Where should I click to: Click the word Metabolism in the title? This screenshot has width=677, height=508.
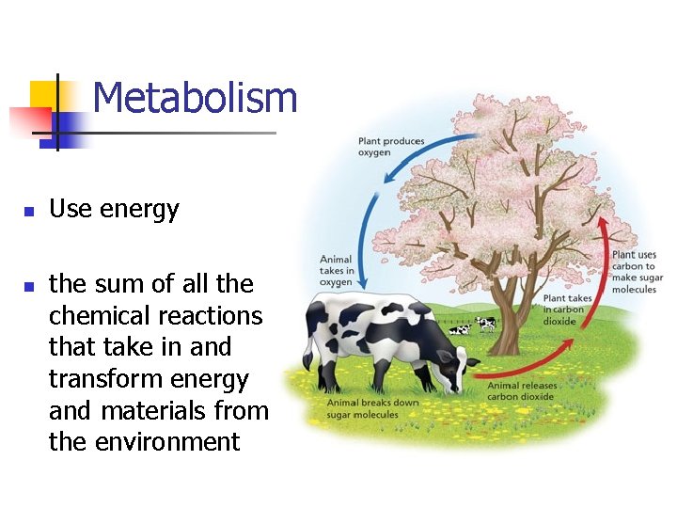[x=195, y=98]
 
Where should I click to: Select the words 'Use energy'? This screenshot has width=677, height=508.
[x=114, y=209]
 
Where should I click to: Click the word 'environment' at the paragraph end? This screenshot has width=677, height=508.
[x=144, y=441]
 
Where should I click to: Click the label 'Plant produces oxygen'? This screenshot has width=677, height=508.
[x=390, y=147]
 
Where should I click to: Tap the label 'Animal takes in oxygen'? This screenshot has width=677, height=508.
[x=336, y=271]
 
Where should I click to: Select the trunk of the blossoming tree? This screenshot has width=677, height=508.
[x=508, y=301]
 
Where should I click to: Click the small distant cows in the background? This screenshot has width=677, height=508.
[x=473, y=326]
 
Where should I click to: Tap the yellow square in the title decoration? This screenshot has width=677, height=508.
[x=43, y=95]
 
